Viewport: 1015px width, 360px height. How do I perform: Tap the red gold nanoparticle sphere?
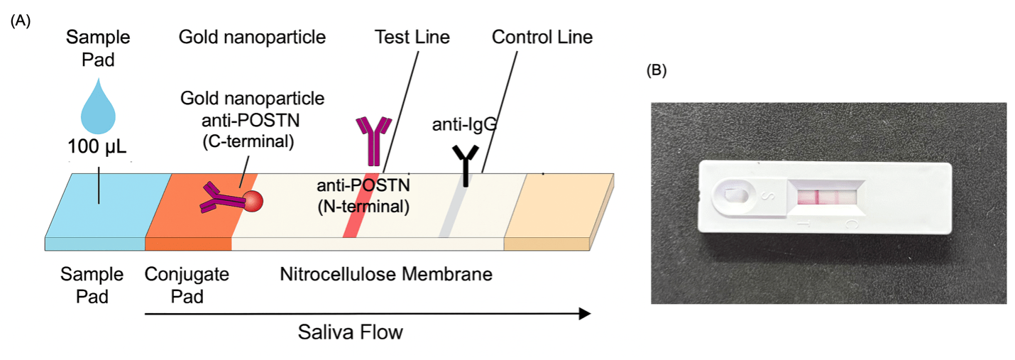pyautogui.click(x=253, y=202)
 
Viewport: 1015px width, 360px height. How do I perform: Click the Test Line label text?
pyautogui.click(x=412, y=37)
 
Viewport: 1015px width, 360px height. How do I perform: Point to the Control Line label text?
pyautogui.click(x=542, y=37)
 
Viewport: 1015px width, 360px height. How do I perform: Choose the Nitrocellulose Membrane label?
pyautogui.click(x=386, y=273)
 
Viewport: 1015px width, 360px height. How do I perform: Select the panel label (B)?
pyautogui.click(x=657, y=70)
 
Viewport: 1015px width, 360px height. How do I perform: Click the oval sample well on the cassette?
pyautogui.click(x=730, y=195)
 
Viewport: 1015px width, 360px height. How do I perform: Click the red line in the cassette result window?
pyautogui.click(x=818, y=197)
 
